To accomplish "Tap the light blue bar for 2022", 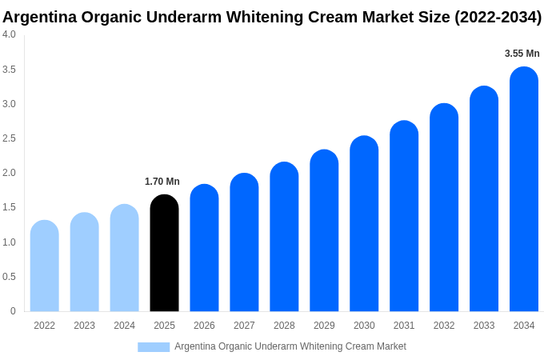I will [45, 266].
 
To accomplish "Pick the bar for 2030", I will [364, 224].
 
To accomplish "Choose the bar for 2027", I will [244, 242].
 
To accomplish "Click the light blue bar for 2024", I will [124, 258].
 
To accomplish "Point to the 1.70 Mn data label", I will [162, 182].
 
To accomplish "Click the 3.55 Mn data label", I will [522, 54].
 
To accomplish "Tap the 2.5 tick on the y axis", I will [9, 138].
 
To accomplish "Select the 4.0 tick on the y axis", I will [9, 34].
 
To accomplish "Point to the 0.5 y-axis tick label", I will [9, 277].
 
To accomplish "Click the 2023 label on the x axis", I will [84, 326].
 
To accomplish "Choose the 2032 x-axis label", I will [444, 326].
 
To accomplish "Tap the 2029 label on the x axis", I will [324, 326].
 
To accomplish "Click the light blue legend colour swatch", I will [154, 347].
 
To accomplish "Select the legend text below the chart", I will [290, 346].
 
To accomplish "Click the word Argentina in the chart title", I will [39, 17].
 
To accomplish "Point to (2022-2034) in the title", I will [498, 17].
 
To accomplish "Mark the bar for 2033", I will [484, 198].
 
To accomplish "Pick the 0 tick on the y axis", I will [13, 311].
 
